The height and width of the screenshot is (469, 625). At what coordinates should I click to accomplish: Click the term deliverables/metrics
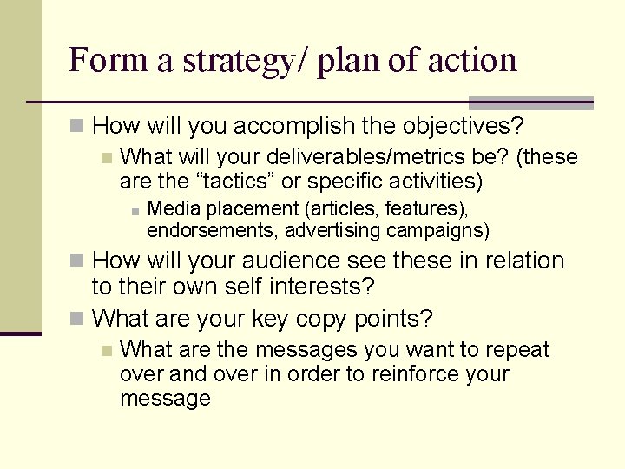(x=385, y=157)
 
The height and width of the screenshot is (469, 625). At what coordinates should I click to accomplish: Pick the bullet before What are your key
(x=77, y=320)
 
